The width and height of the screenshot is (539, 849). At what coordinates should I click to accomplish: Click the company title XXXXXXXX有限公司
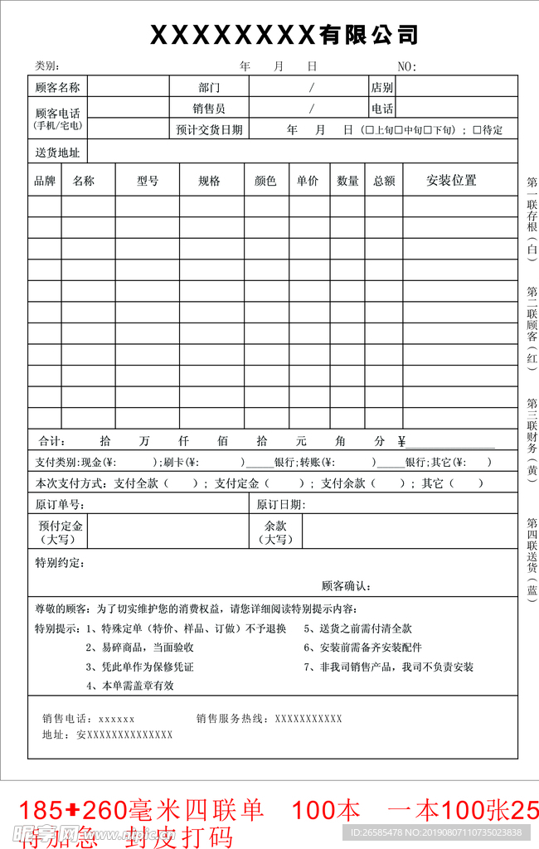point(284,35)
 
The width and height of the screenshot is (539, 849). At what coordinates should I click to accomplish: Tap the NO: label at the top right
point(407,66)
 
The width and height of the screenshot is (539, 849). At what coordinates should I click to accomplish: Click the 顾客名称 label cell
point(57,87)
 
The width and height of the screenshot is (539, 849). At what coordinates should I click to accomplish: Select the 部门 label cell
point(209,87)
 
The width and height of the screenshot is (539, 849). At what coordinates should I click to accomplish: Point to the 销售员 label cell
point(209,109)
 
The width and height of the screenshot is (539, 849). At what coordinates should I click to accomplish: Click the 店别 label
point(382,87)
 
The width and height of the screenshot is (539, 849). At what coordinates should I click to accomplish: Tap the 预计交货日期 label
point(209,130)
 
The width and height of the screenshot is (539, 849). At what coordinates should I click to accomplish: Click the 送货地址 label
point(57,153)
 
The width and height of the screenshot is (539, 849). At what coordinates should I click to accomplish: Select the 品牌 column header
point(44,181)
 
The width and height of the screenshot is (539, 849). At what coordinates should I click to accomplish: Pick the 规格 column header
point(209,181)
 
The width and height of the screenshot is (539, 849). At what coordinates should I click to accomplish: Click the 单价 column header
point(308,181)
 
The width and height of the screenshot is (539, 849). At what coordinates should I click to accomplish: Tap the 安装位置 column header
point(451,181)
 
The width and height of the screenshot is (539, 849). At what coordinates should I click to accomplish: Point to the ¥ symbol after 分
point(401,441)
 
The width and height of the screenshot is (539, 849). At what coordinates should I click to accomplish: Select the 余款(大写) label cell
point(275,531)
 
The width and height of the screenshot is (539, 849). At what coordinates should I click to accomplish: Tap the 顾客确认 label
point(346,586)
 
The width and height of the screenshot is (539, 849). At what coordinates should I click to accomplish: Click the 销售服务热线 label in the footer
point(233,719)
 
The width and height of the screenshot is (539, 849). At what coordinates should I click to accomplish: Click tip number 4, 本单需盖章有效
point(131,686)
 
